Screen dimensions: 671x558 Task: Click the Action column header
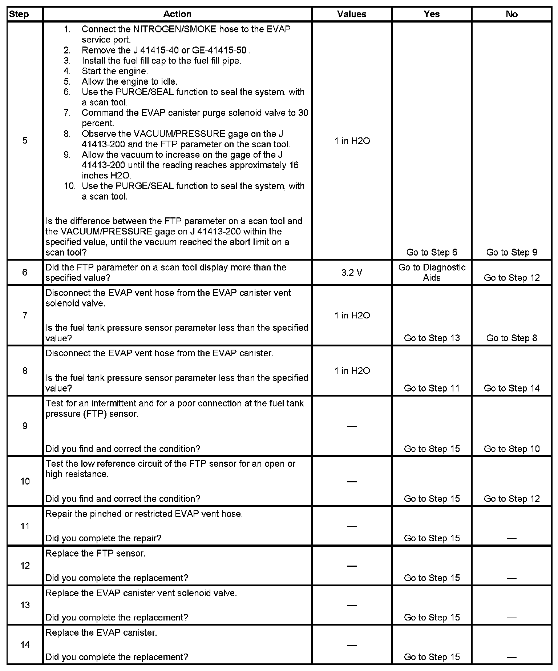click(177, 14)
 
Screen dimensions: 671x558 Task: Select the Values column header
click(352, 14)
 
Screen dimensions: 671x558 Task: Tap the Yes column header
click(432, 14)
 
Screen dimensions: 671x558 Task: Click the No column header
click(511, 14)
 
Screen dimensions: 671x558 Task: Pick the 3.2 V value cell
click(352, 273)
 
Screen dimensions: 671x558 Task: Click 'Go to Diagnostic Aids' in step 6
click(432, 273)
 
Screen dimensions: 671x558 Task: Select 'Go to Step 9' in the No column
click(511, 252)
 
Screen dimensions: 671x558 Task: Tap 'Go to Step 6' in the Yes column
click(432, 252)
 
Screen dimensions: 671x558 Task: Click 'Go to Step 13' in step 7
click(432, 338)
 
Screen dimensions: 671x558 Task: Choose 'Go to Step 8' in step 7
click(511, 338)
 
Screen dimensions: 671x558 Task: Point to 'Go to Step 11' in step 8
click(432, 388)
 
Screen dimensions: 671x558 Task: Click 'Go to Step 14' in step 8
click(511, 388)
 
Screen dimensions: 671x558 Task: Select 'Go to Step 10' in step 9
click(511, 449)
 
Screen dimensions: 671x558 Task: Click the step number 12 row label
click(25, 566)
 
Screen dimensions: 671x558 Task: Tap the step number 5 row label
click(25, 141)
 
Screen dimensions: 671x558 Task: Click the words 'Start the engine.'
click(115, 71)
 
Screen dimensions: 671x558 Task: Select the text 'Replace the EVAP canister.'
click(101, 632)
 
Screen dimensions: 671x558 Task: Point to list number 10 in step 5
click(69, 186)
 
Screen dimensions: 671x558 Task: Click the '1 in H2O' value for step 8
click(352, 371)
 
